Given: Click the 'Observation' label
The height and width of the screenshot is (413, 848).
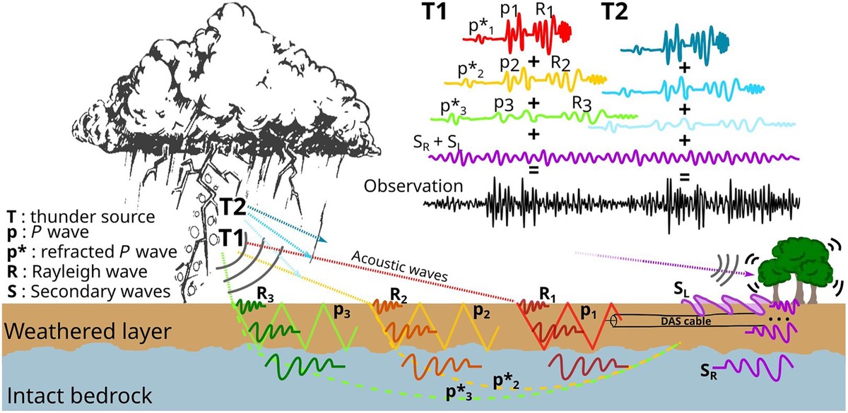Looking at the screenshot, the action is pos(413,186).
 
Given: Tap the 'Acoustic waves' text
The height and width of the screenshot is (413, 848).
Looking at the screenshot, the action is pos(400,266).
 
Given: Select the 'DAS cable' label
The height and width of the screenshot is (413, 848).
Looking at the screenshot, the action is pos(685,321).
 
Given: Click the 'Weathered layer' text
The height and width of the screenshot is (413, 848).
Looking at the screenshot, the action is pos(88,332).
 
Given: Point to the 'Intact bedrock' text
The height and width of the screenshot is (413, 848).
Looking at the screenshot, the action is pos(79,396).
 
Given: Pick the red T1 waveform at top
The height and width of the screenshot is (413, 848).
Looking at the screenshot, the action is pos(517,37).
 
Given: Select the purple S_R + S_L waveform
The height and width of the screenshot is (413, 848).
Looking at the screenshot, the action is pos(613,157).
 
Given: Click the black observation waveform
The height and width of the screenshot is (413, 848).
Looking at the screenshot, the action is pos(611,203).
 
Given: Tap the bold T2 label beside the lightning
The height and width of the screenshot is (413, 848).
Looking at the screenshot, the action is pos(233,208).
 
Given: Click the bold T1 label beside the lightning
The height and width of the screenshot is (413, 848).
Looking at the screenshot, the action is pos(232,239).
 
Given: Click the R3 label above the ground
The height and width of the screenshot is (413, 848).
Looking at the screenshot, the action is pos(266,294).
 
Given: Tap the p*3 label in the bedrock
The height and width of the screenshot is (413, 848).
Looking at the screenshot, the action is pos(459,393).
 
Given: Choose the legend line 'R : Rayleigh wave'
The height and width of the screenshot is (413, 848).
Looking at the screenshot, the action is pos(77,272).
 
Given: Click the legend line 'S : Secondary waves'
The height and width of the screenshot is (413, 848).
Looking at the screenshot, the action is pos(88,292).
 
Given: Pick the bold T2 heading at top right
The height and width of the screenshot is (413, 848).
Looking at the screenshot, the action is pos(614,12).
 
